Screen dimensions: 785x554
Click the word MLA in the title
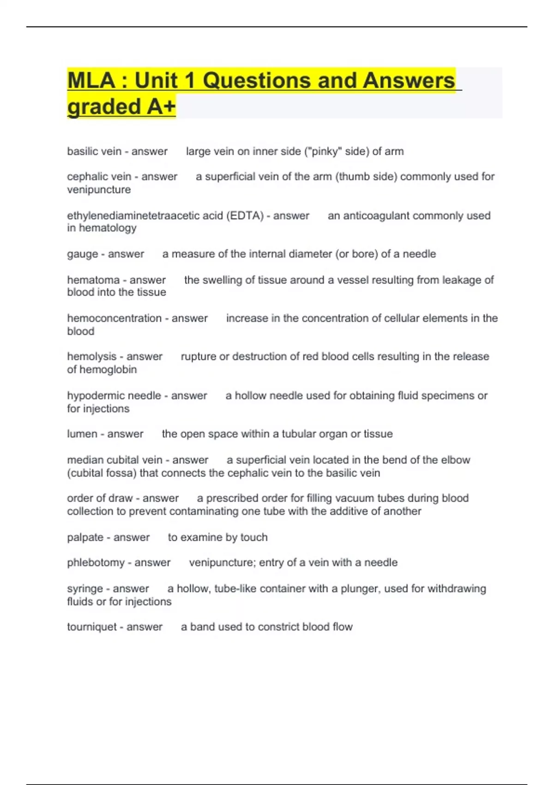[x=91, y=81]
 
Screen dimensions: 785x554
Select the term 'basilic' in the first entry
[x=81, y=151]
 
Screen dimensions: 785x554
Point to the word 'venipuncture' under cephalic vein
[x=99, y=190]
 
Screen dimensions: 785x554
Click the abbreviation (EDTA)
[x=245, y=216]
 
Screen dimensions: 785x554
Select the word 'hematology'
[x=108, y=228]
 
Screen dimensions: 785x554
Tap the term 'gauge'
[x=82, y=254]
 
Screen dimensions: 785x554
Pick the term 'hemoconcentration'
[x=114, y=318]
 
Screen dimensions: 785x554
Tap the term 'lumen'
[x=82, y=434]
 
